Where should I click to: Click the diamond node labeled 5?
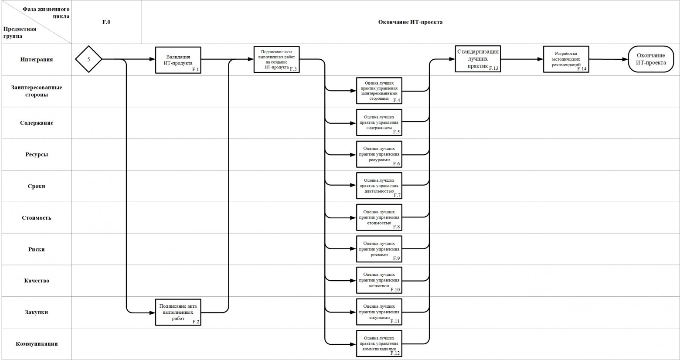(x=88, y=59)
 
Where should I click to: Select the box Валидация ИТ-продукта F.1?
(x=178, y=60)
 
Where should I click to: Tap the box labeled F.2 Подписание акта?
(x=178, y=312)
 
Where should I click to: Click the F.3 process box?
(x=276, y=59)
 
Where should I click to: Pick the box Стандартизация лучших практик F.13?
(x=477, y=58)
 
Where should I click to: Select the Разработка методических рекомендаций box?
(x=566, y=59)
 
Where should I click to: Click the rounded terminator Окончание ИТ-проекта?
(x=651, y=59)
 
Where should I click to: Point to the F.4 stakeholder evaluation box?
(x=379, y=91)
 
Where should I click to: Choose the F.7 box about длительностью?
(x=379, y=186)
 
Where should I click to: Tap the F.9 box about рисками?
(x=379, y=249)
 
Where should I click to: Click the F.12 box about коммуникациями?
(x=379, y=343)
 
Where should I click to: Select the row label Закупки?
(x=36, y=312)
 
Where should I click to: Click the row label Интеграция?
(x=36, y=59)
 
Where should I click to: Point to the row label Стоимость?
(x=36, y=217)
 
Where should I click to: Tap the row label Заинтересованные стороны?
(x=36, y=91)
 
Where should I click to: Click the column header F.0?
(x=106, y=22)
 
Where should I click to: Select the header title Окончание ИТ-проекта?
(x=410, y=22)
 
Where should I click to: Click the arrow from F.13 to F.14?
(x=521, y=59)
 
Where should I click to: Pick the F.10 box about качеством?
(x=379, y=280)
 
